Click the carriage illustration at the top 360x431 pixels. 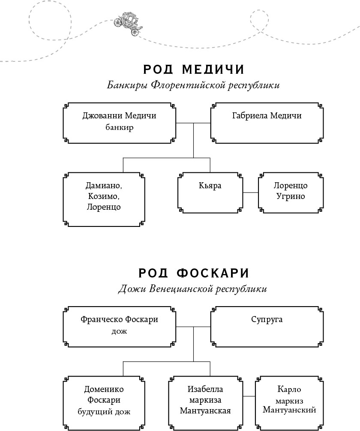click(129, 22)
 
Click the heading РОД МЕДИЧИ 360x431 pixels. click(193, 69)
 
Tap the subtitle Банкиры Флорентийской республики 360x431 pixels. click(193, 85)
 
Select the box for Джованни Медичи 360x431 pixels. click(119, 123)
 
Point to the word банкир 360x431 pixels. click(119, 127)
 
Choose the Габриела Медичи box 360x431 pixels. click(267, 123)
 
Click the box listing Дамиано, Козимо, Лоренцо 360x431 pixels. click(104, 199)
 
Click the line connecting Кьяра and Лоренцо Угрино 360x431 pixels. click(250, 193)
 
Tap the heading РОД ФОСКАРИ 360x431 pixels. click(193, 273)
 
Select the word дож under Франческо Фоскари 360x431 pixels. click(119, 331)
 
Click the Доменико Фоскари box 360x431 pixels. click(104, 401)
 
